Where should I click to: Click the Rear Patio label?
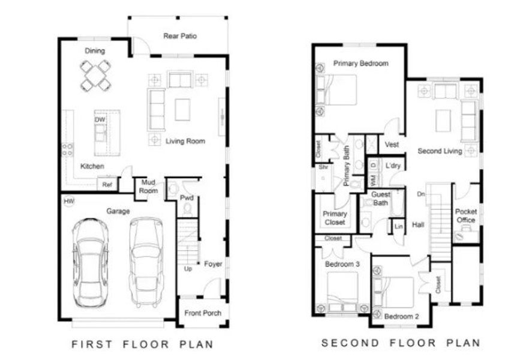(180, 36)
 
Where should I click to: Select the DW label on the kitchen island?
(100, 120)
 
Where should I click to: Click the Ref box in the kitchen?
(107, 185)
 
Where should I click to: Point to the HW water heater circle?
(69, 202)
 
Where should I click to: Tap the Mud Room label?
(149, 187)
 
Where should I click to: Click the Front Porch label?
(203, 313)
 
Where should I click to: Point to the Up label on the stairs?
(188, 268)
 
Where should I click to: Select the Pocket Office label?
(466, 215)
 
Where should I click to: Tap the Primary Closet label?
(335, 218)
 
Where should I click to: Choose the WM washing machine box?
(372, 179)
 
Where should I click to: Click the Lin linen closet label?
(398, 227)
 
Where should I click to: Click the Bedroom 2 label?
(401, 316)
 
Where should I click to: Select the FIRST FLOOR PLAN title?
(142, 344)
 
